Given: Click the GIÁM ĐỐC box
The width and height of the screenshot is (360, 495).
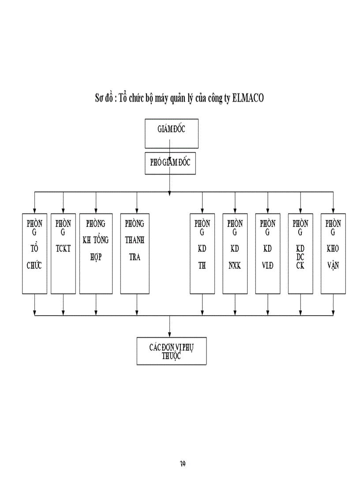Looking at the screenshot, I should click(x=171, y=133).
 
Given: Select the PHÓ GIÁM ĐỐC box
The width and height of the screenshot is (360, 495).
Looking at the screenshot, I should click(x=170, y=163).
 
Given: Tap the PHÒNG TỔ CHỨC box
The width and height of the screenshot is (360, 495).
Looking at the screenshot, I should click(x=34, y=253).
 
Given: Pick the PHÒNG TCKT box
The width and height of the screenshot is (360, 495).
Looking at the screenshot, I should click(x=63, y=253).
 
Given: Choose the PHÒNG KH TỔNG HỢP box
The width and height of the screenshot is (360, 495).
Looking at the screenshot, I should click(x=96, y=253).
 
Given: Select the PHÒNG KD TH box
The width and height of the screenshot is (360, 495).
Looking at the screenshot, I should click(x=202, y=253).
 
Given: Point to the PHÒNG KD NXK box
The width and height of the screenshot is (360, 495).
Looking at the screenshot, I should click(x=235, y=253).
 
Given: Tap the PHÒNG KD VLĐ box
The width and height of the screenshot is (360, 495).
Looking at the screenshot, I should click(x=267, y=253).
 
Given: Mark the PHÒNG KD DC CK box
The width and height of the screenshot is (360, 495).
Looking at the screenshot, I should click(x=300, y=253).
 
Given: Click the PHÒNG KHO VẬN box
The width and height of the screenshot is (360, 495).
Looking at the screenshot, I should click(x=333, y=253).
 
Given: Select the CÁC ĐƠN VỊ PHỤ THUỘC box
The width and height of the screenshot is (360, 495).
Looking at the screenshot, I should click(x=171, y=351).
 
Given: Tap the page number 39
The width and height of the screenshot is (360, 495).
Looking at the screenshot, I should click(x=182, y=463).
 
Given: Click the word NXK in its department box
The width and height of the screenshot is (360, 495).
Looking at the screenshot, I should click(x=235, y=266).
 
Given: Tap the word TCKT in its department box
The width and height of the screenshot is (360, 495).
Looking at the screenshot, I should click(x=63, y=248).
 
